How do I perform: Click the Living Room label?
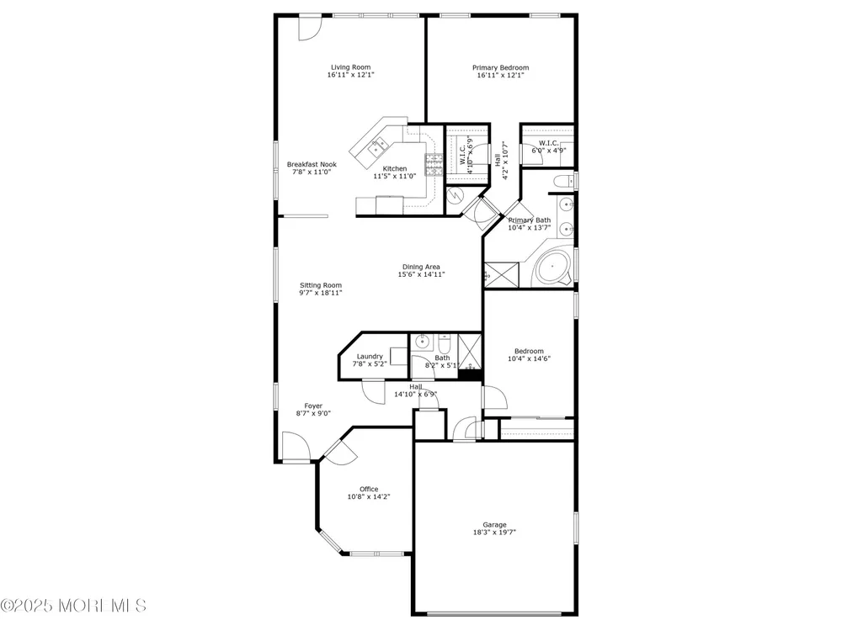tap(350, 67)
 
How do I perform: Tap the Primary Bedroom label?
tap(500, 67)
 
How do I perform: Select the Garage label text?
tap(494, 525)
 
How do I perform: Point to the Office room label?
tap(369, 489)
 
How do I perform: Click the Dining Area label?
tap(422, 267)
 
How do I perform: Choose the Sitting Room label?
tap(321, 285)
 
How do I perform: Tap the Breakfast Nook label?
tap(312, 165)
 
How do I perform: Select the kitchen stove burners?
tap(434, 165)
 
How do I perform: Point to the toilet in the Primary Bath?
tap(563, 181)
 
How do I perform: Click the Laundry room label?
tap(370, 356)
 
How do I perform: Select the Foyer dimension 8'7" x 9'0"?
tap(313, 413)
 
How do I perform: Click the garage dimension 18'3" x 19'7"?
tap(494, 533)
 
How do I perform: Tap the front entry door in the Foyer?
tap(295, 446)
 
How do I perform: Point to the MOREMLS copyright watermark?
tap(73, 606)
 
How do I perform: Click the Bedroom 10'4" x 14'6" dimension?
tap(529, 359)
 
